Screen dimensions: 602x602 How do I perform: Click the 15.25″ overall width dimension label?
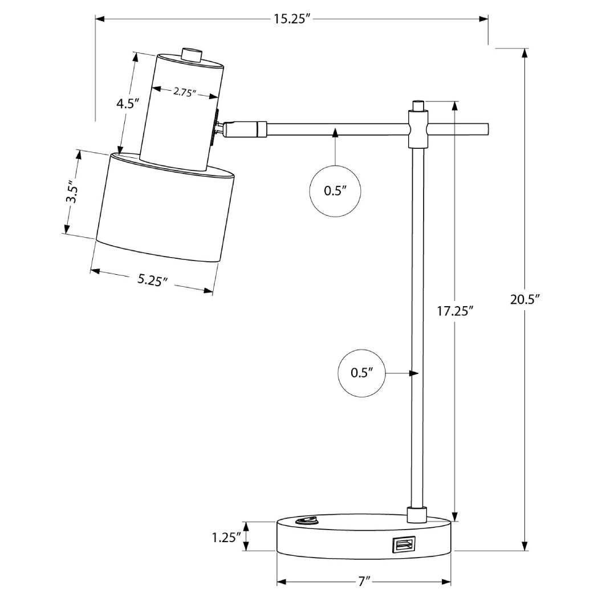tap(291, 19)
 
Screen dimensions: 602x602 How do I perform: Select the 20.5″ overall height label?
tap(524, 299)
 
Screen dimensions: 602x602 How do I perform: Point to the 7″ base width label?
tap(365, 582)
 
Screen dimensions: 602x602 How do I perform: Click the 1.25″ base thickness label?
tap(223, 537)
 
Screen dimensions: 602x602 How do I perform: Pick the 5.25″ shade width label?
tap(152, 279)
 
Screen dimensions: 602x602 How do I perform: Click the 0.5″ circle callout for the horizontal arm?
tap(335, 191)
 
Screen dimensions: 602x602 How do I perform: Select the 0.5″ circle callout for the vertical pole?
tap(362, 373)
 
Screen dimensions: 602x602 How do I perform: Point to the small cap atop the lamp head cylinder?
tap(191, 55)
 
